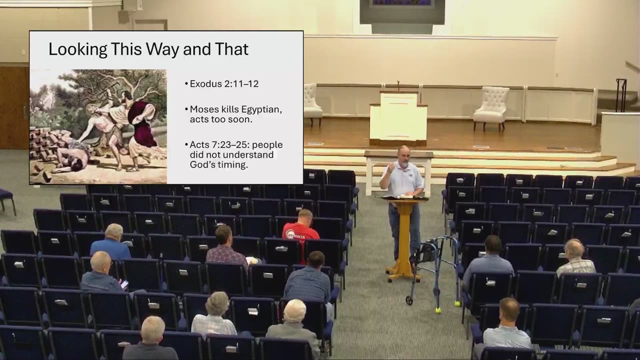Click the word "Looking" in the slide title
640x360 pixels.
(x=77, y=49)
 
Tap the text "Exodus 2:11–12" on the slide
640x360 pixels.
(x=224, y=83)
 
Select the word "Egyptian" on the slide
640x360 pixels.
(x=261, y=109)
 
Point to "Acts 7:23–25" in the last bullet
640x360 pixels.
(x=219, y=145)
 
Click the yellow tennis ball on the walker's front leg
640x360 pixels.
(x=437, y=310)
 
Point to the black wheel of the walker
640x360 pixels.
(x=409, y=300)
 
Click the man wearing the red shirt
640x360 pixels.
(x=301, y=231)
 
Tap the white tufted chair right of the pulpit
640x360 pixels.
(x=491, y=108)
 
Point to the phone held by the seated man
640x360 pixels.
(x=124, y=284)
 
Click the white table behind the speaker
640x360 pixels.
(x=398, y=171)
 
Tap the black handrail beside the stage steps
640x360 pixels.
(x=621, y=95)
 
